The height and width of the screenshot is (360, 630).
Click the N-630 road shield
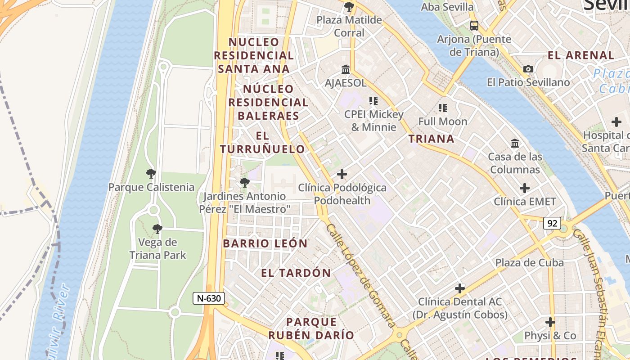209,298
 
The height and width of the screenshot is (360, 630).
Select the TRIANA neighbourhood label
431,139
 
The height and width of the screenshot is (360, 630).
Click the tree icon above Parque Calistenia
151,174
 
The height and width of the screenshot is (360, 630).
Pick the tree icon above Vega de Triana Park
157,229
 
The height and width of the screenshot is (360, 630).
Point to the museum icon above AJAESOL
346,70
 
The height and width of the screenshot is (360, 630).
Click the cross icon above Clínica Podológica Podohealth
342,174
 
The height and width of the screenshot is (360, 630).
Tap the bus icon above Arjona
474,26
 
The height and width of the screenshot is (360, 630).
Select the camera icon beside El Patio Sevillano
528,69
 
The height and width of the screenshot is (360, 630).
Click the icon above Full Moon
443,108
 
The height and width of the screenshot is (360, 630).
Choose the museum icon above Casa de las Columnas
515,144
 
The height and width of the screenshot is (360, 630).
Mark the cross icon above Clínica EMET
525,188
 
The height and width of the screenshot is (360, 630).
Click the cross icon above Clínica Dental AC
459,288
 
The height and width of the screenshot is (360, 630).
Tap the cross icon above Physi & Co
550,322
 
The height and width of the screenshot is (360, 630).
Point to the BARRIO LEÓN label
265,243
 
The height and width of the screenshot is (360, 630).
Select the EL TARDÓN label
296,273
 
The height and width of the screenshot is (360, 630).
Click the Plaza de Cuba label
529,262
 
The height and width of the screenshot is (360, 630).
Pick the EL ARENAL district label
581,55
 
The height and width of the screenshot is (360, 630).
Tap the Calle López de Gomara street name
360,275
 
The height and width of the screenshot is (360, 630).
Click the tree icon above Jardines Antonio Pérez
245,183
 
